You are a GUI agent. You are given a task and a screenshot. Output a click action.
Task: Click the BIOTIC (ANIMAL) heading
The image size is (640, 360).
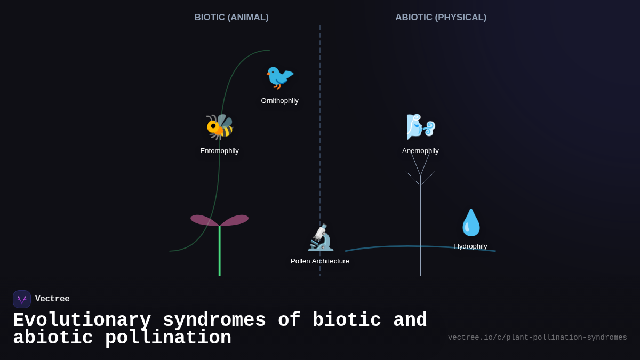pyautogui.click(x=231, y=18)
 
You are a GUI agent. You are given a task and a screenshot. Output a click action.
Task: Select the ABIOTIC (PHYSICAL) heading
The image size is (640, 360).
pyautogui.click(x=441, y=18)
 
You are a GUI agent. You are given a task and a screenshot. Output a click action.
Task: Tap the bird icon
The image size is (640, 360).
pyautogui.click(x=279, y=77)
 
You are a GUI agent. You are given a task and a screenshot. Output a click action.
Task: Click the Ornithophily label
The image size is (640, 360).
pyautogui.click(x=279, y=101)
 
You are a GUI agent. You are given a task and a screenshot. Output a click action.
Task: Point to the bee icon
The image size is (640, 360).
pyautogui.click(x=220, y=127)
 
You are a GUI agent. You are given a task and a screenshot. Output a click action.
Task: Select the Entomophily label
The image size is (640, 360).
pyautogui.click(x=219, y=151)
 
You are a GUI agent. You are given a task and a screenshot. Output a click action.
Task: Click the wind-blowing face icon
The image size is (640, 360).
pyautogui.click(x=420, y=127)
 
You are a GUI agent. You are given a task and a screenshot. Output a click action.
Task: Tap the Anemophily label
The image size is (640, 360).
pyautogui.click(x=420, y=151)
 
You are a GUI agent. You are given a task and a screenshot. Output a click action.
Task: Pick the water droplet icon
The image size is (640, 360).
pyautogui.click(x=471, y=222)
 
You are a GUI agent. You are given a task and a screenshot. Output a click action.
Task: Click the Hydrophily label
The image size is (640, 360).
pyautogui.click(x=470, y=246)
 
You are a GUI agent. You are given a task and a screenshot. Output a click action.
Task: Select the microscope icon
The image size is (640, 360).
pyautogui.click(x=321, y=238)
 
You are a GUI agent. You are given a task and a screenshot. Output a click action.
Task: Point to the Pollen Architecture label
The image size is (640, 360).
pyautogui.click(x=320, y=261)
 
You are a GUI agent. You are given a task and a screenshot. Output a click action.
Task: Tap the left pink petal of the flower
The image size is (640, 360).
pyautogui.click(x=204, y=220)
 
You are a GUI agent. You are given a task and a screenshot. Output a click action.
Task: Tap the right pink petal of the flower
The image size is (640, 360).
pyautogui.click(x=235, y=220)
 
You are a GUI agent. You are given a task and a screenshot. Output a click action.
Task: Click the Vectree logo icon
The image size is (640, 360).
pyautogui.click(x=22, y=299)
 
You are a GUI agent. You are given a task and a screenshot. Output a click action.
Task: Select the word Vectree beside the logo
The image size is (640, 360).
pyautogui.click(x=52, y=299)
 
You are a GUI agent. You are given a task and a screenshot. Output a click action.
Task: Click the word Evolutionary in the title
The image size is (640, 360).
pyautogui.click(x=82, y=321)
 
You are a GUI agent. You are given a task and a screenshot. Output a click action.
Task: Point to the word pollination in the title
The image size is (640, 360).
pyautogui.click(x=168, y=338)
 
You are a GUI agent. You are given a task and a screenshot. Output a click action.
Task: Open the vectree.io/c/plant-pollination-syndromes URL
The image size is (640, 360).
pyautogui.click(x=537, y=338)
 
